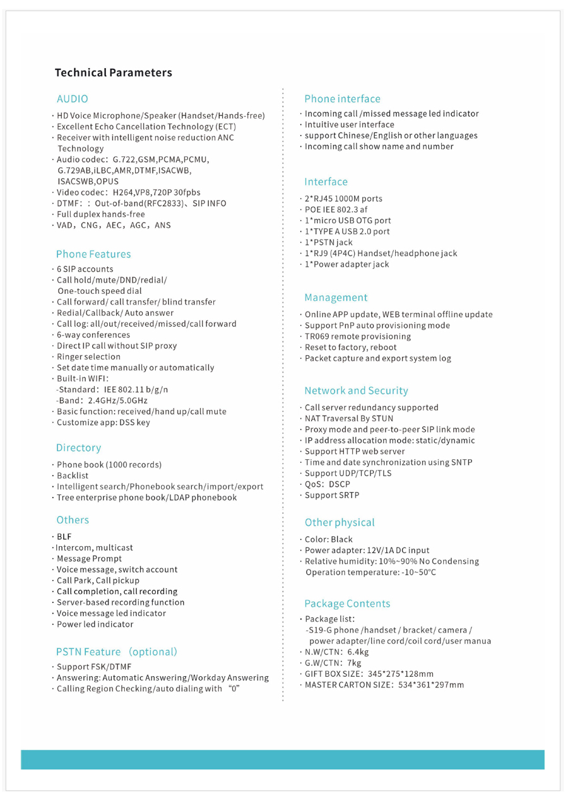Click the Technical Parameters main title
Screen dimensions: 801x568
(113, 73)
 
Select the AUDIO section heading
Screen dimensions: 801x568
(72, 99)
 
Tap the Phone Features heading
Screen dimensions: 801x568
(93, 254)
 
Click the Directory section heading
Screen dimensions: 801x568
(78, 448)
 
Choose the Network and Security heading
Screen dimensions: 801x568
(356, 391)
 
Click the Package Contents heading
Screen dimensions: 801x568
(347, 604)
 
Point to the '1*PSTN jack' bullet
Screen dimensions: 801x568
(329, 242)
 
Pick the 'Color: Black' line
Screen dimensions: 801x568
(329, 539)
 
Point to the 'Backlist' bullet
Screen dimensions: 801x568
(73, 476)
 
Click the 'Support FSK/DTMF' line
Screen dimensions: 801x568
(95, 667)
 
